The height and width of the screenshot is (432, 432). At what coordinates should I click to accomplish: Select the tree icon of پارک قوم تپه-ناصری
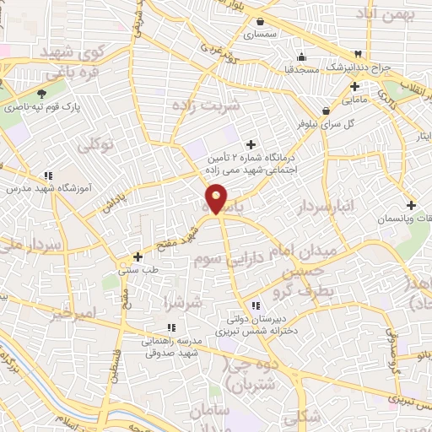(x=41, y=93)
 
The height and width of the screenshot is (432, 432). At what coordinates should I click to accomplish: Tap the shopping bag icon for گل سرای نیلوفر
(x=326, y=110)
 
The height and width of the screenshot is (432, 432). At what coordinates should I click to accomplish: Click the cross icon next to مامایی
(x=354, y=86)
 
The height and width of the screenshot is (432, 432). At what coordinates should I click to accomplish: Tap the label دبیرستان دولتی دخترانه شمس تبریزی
(x=255, y=326)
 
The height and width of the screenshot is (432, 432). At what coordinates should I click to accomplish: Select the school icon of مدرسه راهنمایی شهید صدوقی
(x=171, y=327)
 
